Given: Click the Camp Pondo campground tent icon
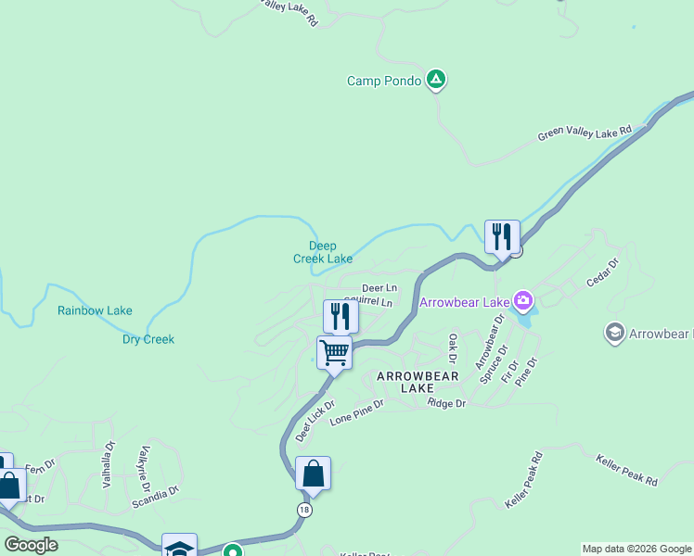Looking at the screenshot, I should [436, 81].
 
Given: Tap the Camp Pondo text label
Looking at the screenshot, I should [384, 81].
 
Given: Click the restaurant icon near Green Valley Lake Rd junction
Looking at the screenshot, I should [502, 236].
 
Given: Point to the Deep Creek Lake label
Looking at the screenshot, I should [323, 252].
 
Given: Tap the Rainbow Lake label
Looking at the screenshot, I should [95, 311].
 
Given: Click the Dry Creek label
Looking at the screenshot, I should [148, 339].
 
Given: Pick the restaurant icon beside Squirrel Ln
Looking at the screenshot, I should [341, 317].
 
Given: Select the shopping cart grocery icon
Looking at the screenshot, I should [334, 352].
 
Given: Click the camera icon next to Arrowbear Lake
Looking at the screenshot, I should [524, 300].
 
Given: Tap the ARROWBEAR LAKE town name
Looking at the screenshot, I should [418, 383].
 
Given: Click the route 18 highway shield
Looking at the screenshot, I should [304, 510].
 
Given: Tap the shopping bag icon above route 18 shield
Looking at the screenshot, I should [313, 474].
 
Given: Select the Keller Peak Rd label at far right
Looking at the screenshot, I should [627, 469].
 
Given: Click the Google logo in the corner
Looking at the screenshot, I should [31, 545].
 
